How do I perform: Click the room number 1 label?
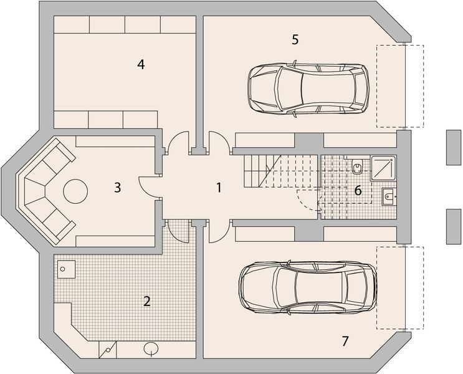point(219,188)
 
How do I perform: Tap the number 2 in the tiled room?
point(147,301)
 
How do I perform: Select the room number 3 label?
point(118,188)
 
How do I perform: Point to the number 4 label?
point(141,64)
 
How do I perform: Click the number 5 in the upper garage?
point(295,40)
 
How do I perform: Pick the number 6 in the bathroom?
point(358,191)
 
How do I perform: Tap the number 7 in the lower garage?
point(345,341)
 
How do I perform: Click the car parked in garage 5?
point(308,88)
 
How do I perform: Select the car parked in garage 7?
point(308,287)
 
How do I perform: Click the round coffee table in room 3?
point(75,191)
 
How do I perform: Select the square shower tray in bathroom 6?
point(383,168)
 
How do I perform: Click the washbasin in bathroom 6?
point(389,196)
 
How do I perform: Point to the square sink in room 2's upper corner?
point(66,269)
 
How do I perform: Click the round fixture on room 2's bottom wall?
point(151,348)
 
